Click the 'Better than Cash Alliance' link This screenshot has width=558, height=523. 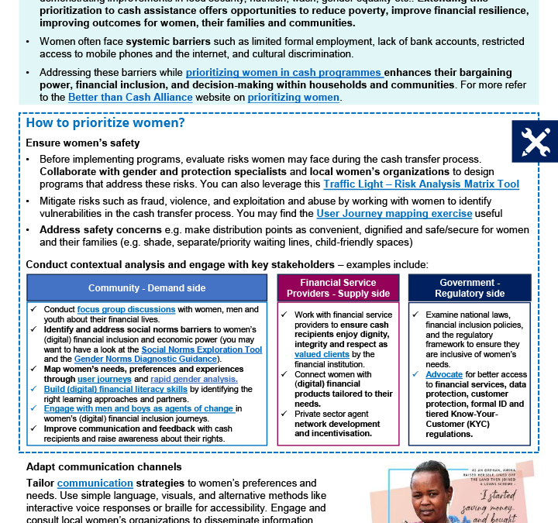tap(130, 98)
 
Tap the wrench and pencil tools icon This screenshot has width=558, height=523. tap(535, 141)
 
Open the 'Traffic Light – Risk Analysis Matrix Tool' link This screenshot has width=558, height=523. tap(421, 184)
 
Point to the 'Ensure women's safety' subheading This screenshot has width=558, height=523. tap(83, 143)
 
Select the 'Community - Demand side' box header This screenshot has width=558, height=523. tap(146, 288)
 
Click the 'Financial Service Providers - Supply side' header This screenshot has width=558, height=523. tap(338, 288)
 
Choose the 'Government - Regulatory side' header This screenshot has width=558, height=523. tap(470, 288)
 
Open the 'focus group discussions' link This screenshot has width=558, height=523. tap(126, 309)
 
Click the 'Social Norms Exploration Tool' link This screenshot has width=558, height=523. tap(201, 349)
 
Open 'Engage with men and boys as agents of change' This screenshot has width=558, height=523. tap(139, 409)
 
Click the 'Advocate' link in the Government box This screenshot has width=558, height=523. tap(444, 374)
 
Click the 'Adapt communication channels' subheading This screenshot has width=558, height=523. tap(105, 466)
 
